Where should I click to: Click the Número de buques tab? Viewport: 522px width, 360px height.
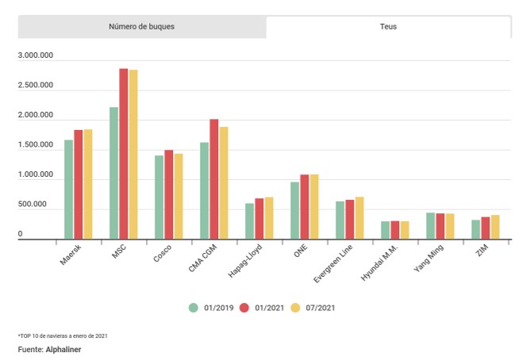pyautogui.click(x=141, y=27)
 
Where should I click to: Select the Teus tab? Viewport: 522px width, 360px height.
pyautogui.click(x=388, y=27)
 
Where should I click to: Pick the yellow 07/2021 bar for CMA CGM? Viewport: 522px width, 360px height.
pyautogui.click(x=224, y=183)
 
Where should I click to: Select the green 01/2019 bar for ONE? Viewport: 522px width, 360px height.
pyautogui.click(x=295, y=211)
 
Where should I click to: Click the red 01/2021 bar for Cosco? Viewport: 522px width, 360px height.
pyautogui.click(x=169, y=194)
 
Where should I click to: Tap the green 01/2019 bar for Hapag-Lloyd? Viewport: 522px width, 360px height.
pyautogui.click(x=250, y=221)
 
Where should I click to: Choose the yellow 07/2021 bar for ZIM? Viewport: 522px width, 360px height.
pyautogui.click(x=495, y=227)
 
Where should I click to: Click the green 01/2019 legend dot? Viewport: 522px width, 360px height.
pyautogui.click(x=193, y=307)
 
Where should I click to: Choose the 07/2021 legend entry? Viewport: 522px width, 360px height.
pyautogui.click(x=317, y=307)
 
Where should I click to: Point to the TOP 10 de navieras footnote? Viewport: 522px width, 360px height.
pyautogui.click(x=63, y=335)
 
